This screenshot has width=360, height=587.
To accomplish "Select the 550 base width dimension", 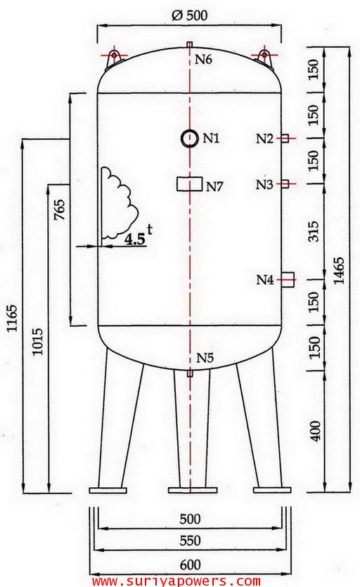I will pos(190,541).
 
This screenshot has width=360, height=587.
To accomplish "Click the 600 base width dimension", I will pos(190,564).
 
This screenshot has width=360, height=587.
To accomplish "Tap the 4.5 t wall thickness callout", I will pos(137,238).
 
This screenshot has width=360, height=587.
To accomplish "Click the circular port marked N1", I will pos(189,138).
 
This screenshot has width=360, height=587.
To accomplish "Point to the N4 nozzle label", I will pos(264,280).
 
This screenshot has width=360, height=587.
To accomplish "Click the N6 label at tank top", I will pos(203,59).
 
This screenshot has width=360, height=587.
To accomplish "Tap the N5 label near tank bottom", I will pos(205,358).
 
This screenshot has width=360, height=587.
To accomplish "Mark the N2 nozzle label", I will pos(264,138).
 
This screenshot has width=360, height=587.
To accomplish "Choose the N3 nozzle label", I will pos(264,185).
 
